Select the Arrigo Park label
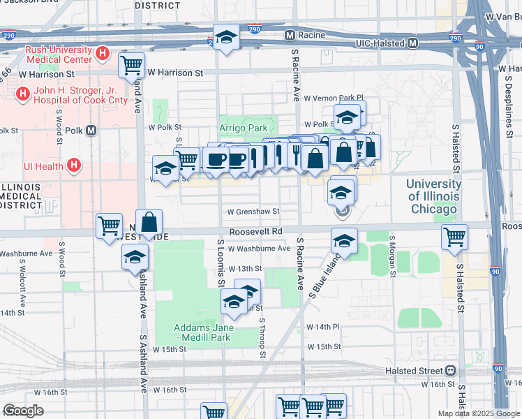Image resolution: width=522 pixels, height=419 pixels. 244,128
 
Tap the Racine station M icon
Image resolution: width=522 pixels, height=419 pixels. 288,35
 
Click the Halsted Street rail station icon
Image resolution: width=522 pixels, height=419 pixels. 451,370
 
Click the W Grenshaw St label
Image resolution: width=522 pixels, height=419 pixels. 253,212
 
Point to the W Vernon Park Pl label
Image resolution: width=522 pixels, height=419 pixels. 333,98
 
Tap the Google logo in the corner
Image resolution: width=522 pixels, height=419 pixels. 22,411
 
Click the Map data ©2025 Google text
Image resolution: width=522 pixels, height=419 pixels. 479,413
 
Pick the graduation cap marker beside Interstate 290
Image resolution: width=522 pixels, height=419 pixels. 226,37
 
